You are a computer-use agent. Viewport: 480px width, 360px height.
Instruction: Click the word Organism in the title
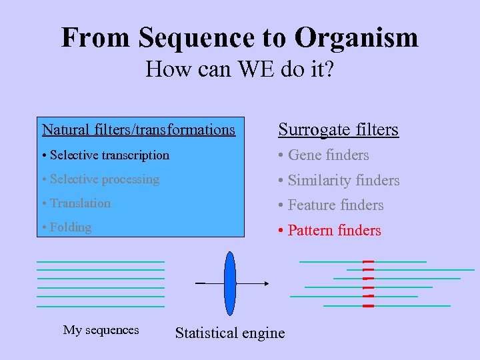(357, 38)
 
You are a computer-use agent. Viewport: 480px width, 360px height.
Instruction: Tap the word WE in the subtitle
(249, 68)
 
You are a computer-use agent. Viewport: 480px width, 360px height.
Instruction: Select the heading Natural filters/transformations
(139, 129)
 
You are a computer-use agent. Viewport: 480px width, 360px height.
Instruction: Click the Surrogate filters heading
(338, 129)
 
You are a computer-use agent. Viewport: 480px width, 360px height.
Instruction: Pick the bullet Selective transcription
(105, 155)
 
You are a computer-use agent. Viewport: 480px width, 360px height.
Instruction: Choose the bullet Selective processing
(101, 179)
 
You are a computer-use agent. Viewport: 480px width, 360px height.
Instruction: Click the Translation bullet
(76, 203)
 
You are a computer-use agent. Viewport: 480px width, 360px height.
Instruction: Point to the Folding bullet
(66, 227)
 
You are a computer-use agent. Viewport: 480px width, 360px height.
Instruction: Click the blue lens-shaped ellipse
(230, 283)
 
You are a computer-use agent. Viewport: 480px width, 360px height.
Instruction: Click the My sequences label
(101, 330)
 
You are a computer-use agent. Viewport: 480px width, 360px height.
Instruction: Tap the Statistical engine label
(229, 333)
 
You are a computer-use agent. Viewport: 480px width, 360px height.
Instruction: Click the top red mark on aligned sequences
(368, 261)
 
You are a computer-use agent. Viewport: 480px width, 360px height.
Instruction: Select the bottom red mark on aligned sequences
(368, 305)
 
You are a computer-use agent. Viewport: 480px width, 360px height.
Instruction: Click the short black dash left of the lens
(200, 283)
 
